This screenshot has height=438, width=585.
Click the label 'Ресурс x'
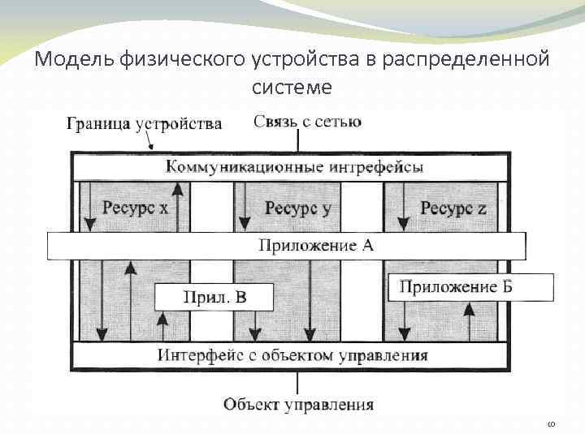135,208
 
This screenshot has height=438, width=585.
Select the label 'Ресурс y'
298,208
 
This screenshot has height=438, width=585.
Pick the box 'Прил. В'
212,297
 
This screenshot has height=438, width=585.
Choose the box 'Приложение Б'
459,286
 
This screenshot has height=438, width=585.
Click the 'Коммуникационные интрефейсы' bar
294,168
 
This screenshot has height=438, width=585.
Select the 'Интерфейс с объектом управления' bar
292,355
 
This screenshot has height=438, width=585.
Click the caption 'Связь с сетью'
307,122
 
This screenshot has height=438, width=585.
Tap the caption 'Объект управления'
298,404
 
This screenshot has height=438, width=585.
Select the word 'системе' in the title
292,86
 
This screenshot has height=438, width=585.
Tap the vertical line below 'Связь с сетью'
298,141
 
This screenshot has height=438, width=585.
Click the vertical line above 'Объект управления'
298,383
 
